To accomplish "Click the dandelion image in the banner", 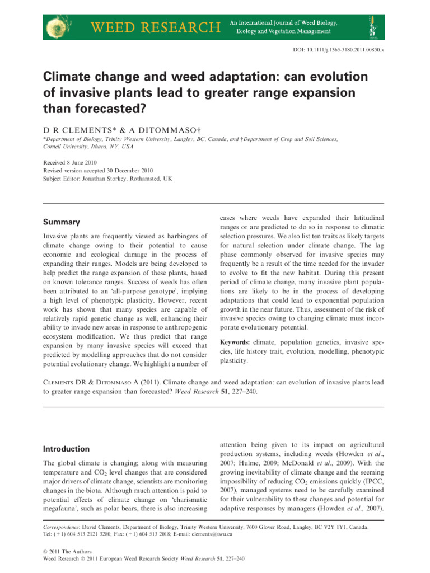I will click(60, 26).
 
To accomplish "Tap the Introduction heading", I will click(67, 449).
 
